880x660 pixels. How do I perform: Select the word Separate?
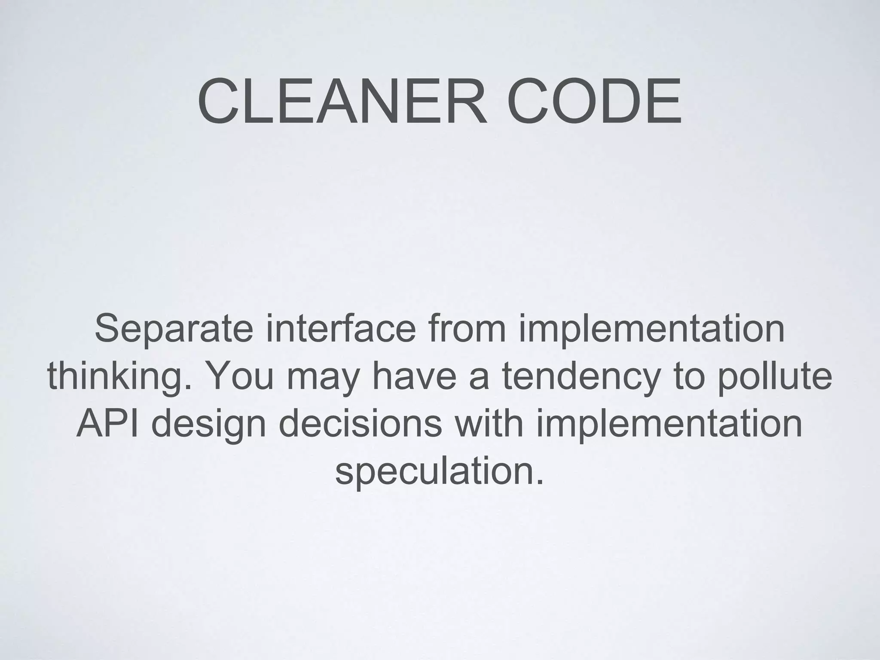[173, 329]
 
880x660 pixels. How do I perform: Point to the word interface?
[341, 328]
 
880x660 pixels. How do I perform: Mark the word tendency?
[580, 377]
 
